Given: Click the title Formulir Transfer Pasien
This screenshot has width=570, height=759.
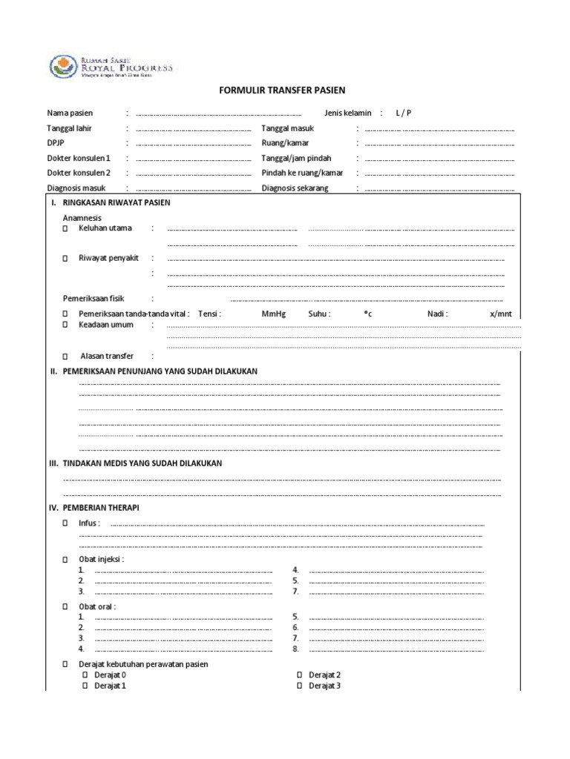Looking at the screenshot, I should pos(281,90).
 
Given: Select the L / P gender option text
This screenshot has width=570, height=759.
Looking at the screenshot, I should pos(403,113).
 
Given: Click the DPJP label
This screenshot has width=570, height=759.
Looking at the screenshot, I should pos(56,143).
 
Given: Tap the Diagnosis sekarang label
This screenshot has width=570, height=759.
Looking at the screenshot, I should pos(295,188).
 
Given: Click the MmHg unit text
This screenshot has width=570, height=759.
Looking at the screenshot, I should pos(273,314).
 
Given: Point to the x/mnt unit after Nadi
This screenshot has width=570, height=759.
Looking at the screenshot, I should pos(501,314).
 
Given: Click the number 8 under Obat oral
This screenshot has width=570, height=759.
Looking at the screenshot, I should pos(295,649).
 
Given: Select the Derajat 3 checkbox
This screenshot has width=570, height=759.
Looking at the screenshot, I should pos(300,686).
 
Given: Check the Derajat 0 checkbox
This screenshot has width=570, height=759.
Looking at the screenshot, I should pos(85,675).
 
